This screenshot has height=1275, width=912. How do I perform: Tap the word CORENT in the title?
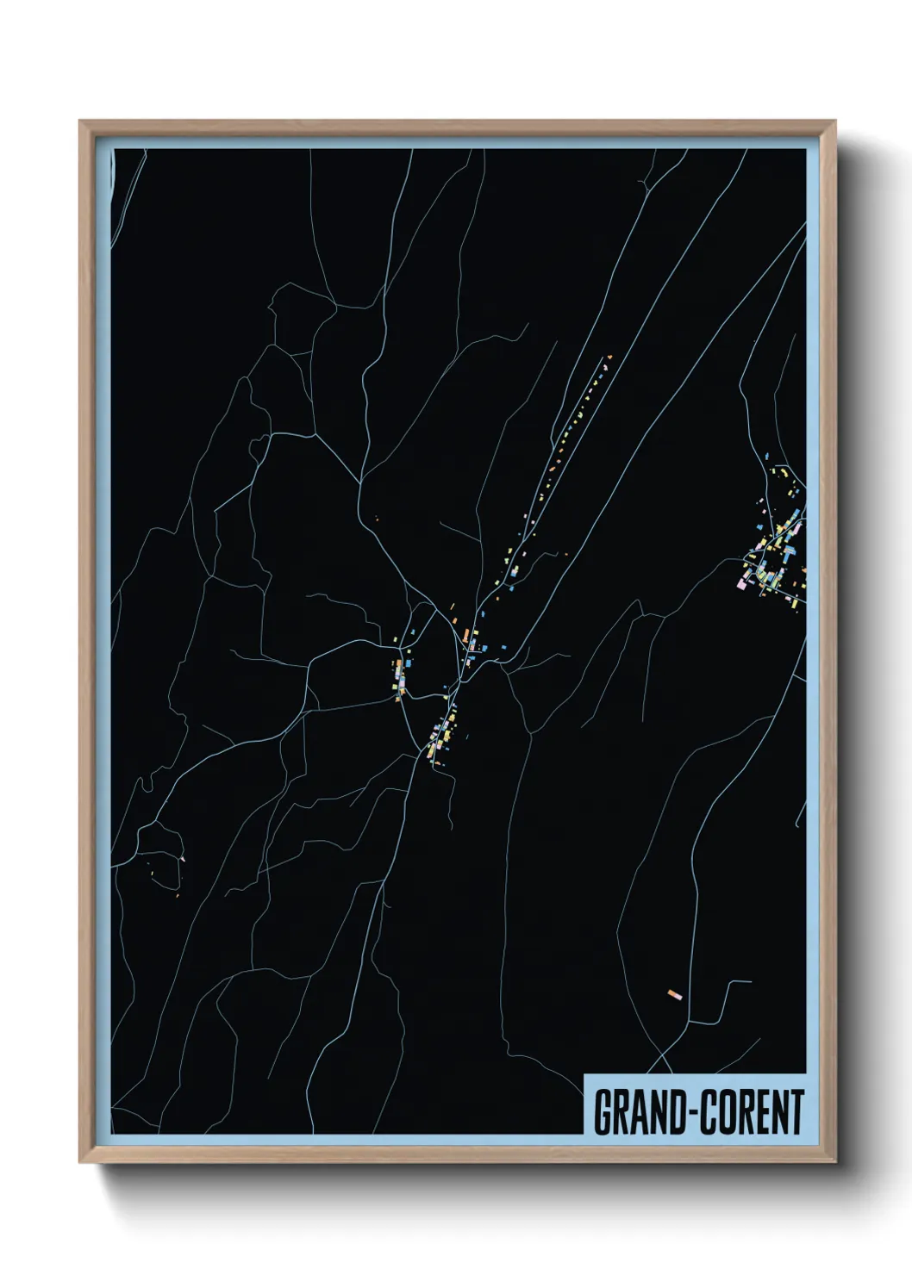(x=751, y=1112)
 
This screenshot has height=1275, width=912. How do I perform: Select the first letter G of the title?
(x=602, y=1112)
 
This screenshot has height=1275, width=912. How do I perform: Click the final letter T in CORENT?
(x=796, y=1112)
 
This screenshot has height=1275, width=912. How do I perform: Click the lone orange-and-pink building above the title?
(x=675, y=995)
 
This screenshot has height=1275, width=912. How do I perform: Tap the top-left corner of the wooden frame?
(x=80, y=121)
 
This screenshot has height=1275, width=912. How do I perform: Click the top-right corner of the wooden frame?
(x=835, y=121)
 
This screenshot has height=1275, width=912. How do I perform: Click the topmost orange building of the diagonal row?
(x=609, y=356)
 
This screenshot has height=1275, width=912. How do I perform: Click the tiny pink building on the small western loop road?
(x=182, y=858)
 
